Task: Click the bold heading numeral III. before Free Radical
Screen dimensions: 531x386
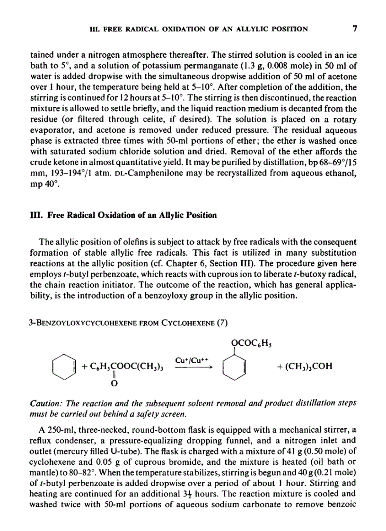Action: tap(35, 215)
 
